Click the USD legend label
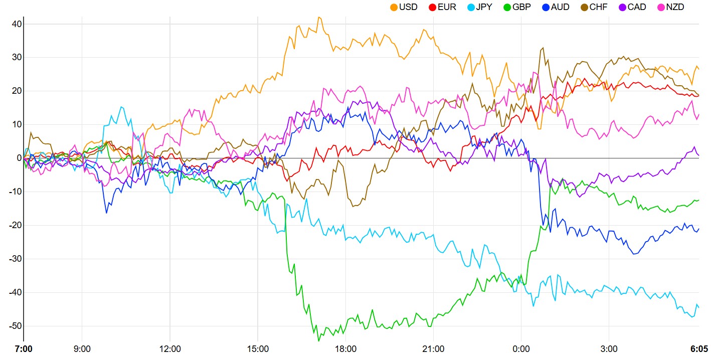[x=409, y=8]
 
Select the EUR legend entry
[x=447, y=8]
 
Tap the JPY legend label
[x=484, y=8]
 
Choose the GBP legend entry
[x=522, y=8]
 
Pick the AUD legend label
[x=560, y=8]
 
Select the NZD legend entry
[x=675, y=8]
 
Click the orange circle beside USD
[x=394, y=8]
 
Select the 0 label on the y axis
[x=19, y=158]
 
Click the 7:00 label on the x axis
[x=24, y=349]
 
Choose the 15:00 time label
[x=258, y=349]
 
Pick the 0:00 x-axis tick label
[x=521, y=349]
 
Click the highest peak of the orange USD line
[x=319, y=17]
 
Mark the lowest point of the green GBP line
[x=318, y=340]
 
